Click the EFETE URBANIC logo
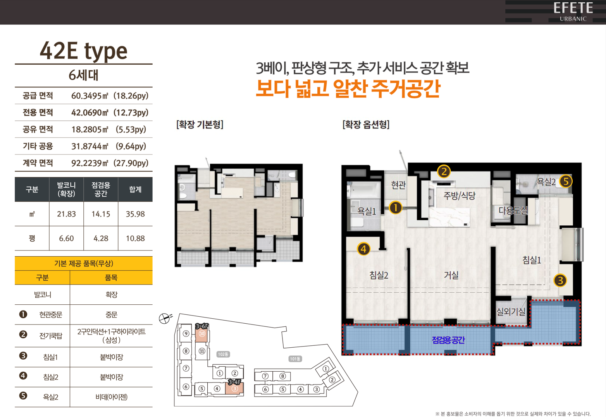573,12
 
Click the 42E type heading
84,51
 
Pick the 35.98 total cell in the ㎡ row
135,214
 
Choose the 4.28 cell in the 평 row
101,239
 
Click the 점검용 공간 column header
101,189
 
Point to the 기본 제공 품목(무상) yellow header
84,263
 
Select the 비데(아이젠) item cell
112,397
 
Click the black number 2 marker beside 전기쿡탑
23,335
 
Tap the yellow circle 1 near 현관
396,208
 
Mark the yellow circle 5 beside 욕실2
566,181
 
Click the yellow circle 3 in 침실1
560,281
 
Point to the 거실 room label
451,275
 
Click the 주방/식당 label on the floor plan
460,196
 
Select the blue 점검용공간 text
448,340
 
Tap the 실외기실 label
511,312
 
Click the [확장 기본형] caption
200,125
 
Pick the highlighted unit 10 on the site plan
202,334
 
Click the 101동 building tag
295,359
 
